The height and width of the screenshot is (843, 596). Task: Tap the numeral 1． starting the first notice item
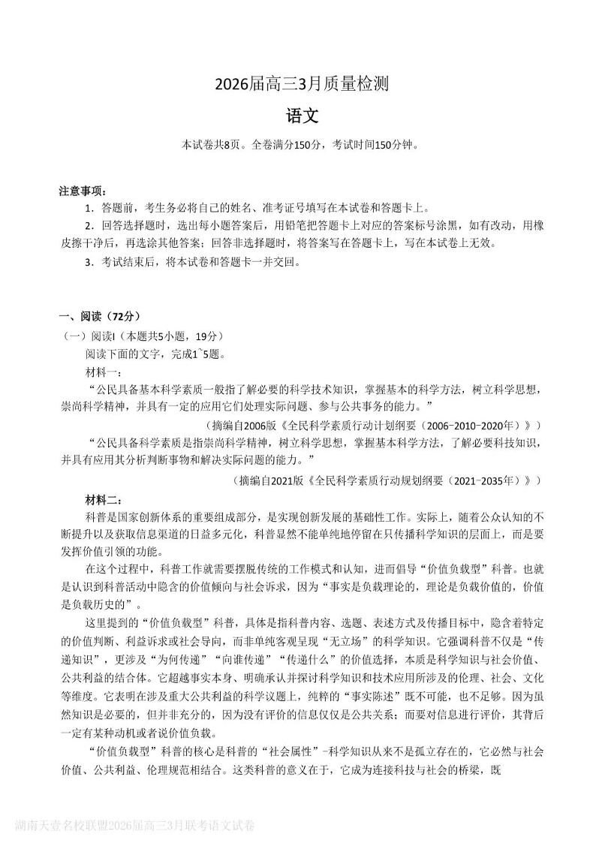(89, 208)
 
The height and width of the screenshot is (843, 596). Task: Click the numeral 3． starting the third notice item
(89, 262)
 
